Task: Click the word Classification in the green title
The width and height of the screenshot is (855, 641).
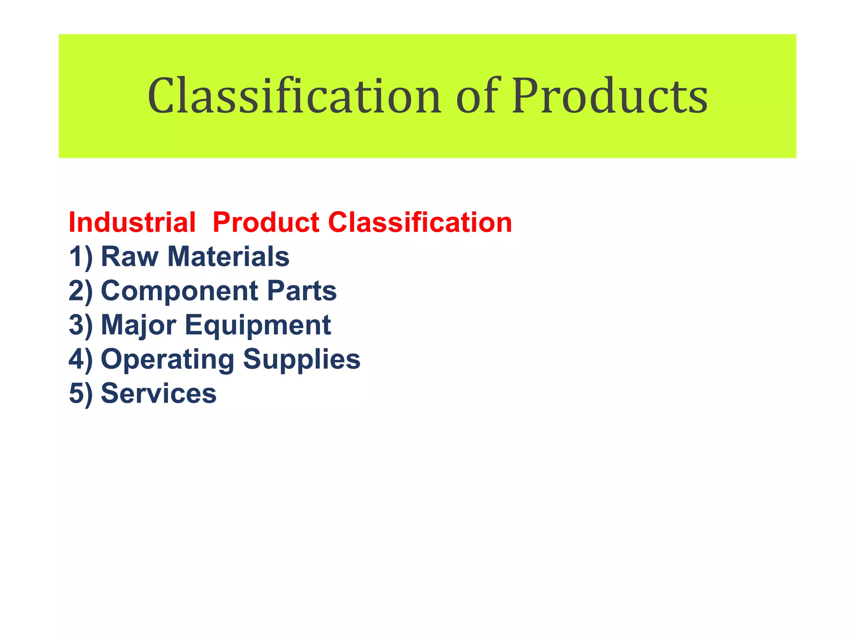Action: tap(294, 96)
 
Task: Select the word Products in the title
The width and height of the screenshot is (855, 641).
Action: tap(610, 96)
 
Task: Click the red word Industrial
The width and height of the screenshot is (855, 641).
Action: tap(132, 222)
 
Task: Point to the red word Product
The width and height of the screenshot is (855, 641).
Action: tap(266, 222)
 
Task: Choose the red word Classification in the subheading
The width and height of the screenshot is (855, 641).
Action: tap(420, 222)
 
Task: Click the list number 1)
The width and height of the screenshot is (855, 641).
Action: tap(81, 257)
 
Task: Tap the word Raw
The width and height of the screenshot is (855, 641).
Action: tap(129, 257)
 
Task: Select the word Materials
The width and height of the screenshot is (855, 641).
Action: tap(228, 257)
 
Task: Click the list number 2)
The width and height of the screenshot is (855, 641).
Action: tap(81, 291)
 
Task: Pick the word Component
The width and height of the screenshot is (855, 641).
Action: tap(180, 292)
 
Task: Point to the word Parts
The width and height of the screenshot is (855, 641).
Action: tap(301, 291)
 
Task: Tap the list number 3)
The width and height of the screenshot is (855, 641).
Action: tap(81, 325)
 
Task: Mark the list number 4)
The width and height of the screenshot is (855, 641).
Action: tap(81, 359)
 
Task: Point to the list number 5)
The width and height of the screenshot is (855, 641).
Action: tap(81, 394)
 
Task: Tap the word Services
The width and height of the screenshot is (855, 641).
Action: tap(159, 394)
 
